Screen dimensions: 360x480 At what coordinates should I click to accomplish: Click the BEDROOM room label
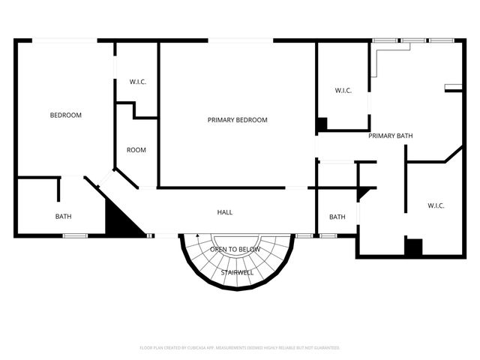65,115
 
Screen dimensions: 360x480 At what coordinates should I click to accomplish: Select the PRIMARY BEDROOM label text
237,120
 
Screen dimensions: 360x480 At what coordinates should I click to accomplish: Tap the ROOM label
136,150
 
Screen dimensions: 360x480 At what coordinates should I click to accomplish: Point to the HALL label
224,212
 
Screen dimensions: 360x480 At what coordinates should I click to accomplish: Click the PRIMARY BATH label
391,136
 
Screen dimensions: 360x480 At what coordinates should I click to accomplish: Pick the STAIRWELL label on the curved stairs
237,272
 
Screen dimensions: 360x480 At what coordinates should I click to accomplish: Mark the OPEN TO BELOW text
235,249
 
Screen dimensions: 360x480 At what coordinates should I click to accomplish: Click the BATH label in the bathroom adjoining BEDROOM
63,217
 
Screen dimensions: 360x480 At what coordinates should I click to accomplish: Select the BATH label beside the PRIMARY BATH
337,217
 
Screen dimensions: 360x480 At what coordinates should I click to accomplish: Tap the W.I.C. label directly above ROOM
136,82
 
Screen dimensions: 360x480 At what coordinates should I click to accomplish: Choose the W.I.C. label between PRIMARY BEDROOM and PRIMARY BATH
343,91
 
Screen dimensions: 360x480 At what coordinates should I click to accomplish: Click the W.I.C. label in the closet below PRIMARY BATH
436,205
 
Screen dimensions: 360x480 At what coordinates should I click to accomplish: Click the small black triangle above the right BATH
364,193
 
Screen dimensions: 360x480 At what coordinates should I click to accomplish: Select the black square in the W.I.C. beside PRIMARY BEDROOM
322,124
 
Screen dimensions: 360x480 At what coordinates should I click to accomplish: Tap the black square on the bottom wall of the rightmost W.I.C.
413,247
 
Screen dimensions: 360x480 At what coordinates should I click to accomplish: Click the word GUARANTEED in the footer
325,348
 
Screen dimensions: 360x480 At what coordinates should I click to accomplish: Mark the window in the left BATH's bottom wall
75,236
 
